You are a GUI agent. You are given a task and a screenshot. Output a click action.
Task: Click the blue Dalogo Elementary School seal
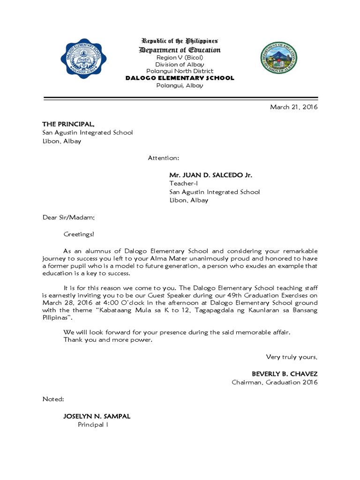[83, 59]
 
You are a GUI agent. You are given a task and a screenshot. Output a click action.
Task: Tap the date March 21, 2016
[293, 107]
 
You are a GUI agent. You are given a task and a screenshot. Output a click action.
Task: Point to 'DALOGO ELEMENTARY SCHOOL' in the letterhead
[180, 78]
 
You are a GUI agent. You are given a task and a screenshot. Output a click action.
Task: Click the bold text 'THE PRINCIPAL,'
[68, 124]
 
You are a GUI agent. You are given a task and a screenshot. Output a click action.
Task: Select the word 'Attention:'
[164, 158]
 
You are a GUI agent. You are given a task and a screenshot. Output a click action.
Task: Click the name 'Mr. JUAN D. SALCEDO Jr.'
[210, 175]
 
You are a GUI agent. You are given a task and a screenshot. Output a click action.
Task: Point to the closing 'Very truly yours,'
[292, 357]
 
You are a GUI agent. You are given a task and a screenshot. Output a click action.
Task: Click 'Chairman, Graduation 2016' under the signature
[275, 382]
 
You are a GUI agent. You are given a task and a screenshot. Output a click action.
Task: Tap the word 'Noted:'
[53, 399]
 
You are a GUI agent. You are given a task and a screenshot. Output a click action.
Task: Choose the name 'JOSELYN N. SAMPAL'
[97, 416]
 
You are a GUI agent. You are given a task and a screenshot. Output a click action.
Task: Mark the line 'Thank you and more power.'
[108, 339]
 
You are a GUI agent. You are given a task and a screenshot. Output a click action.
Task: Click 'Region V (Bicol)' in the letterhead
[180, 57]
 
